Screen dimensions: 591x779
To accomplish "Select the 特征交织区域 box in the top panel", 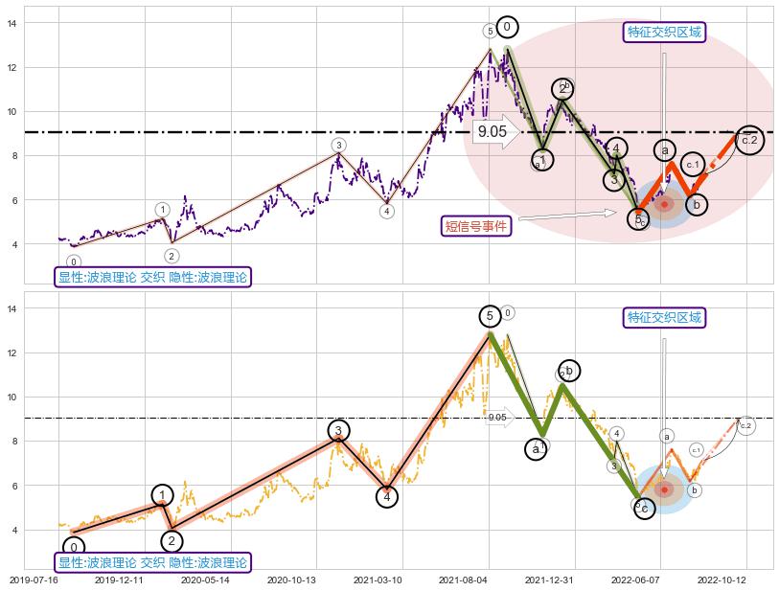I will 664,33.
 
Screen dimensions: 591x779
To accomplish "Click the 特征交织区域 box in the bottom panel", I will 664,317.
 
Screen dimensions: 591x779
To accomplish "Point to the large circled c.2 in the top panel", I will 749,141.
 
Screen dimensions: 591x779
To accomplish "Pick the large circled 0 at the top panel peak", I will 508,28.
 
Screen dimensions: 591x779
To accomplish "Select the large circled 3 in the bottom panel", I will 338,431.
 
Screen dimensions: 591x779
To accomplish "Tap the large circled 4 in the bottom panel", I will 387,496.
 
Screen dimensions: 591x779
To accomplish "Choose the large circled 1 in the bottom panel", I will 163,495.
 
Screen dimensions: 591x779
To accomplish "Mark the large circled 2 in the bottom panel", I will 172,541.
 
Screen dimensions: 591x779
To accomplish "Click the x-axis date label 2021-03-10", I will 377,580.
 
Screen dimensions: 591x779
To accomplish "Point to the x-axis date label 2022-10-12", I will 722,580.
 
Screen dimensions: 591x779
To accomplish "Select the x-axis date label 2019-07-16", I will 33,580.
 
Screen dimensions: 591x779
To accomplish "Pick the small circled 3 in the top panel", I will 338,146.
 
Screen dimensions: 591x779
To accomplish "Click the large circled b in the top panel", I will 697,204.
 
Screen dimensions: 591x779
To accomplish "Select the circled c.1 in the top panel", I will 694,165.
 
